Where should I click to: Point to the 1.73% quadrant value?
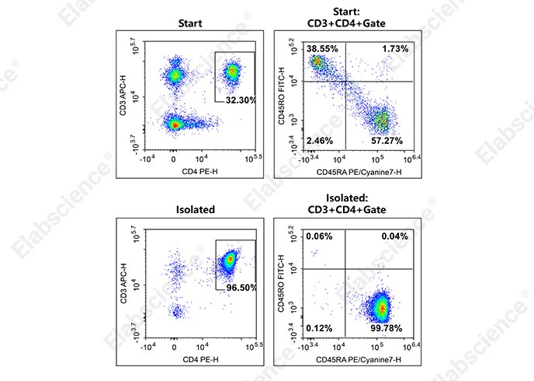tap(394, 48)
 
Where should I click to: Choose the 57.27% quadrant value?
tap(390, 141)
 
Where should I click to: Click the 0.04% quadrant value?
tap(394, 236)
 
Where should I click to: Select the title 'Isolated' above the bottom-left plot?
tap(189, 209)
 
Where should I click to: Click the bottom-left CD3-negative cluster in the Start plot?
tap(175, 124)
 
